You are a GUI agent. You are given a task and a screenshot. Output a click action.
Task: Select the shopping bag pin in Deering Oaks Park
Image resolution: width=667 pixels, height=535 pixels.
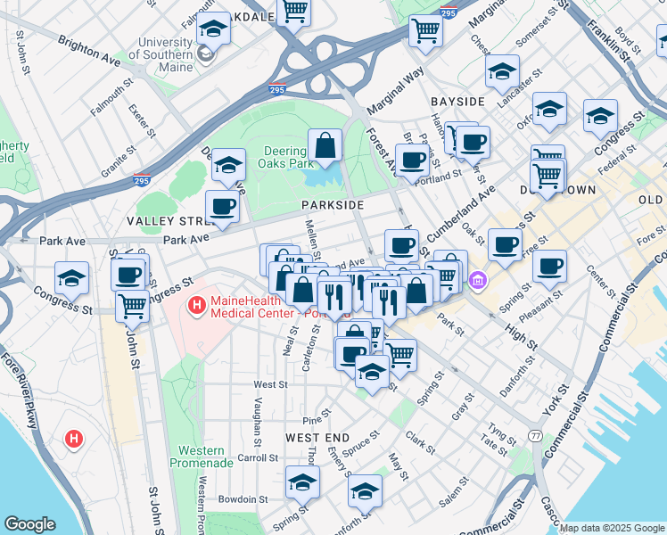tap(325, 145)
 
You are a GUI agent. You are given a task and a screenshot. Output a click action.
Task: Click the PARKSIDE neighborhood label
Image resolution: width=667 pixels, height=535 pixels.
tap(332, 205)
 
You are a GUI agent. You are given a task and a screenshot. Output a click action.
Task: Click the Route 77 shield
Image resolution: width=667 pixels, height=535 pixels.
tap(534, 435)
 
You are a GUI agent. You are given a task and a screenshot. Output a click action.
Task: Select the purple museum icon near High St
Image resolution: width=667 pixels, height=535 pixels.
tap(478, 282)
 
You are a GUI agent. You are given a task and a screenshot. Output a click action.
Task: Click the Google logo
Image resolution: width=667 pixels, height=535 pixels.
tap(30, 523)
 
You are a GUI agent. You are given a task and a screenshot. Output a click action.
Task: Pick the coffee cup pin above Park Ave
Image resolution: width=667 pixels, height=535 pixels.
tap(222, 207)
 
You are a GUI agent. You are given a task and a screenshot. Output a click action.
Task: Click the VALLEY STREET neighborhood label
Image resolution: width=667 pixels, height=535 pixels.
tap(167, 220)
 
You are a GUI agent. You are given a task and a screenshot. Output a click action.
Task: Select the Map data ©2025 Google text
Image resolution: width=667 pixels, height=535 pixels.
tap(612, 528)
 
